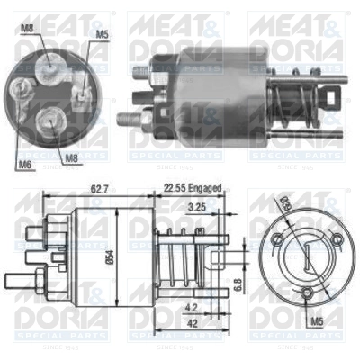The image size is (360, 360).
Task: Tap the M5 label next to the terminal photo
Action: (102, 36)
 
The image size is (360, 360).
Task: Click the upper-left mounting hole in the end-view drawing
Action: (278, 238)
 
